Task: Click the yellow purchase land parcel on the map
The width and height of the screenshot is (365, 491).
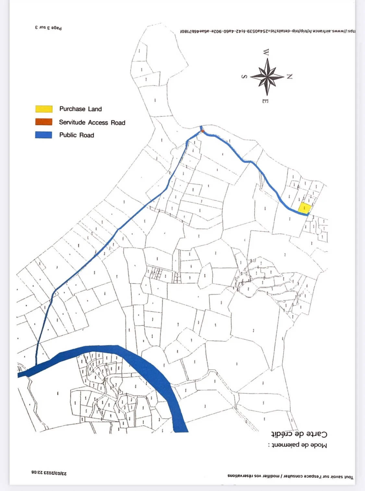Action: (x=305, y=208)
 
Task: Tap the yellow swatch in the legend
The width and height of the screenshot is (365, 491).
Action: (x=44, y=109)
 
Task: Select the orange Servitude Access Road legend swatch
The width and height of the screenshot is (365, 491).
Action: (x=44, y=122)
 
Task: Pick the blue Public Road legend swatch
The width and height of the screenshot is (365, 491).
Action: (x=44, y=135)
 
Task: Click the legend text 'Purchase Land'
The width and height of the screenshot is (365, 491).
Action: (x=80, y=109)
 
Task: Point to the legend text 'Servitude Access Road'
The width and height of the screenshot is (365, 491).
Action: (x=92, y=122)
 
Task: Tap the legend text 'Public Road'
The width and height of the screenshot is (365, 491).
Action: (x=77, y=135)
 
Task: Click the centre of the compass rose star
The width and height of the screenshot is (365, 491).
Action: (x=267, y=77)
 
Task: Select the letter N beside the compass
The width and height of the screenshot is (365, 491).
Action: (x=289, y=77)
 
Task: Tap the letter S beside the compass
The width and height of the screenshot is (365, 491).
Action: (x=244, y=77)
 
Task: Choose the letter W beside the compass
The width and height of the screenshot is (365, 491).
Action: (x=266, y=52)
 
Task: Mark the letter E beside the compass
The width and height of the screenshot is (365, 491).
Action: (x=265, y=101)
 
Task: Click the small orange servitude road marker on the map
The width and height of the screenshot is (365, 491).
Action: (x=202, y=131)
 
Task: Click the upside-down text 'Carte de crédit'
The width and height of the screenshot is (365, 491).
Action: (x=299, y=434)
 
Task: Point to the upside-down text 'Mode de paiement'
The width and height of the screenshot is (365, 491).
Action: (x=298, y=445)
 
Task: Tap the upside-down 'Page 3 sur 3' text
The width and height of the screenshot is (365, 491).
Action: (x=48, y=28)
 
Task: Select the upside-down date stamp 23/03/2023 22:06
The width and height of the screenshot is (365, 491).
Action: (x=49, y=473)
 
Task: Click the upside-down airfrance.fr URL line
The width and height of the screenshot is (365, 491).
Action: (x=268, y=31)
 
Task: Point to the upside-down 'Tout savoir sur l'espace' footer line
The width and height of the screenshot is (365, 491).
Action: (x=290, y=477)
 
